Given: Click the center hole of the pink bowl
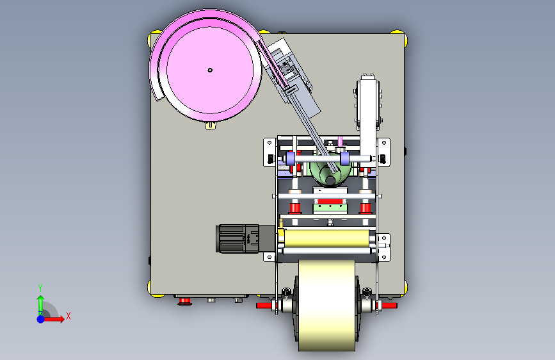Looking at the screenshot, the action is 210,70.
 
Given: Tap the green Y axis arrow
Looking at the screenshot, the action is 40,304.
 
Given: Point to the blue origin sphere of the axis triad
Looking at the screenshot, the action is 41,319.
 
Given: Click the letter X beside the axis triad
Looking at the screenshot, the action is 68,316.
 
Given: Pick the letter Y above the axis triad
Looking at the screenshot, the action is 40,288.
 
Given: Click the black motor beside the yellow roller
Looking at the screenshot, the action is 245,238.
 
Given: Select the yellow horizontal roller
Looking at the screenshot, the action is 326,238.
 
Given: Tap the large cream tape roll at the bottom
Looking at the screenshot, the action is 326,306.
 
